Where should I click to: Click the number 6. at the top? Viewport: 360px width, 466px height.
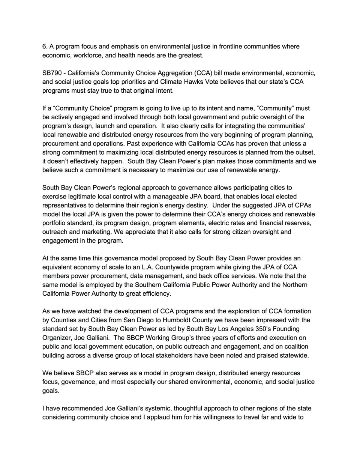pos(45,47)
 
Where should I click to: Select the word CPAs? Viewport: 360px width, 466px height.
pos(304,205)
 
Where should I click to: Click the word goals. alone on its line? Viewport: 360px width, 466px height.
pos(51,391)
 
